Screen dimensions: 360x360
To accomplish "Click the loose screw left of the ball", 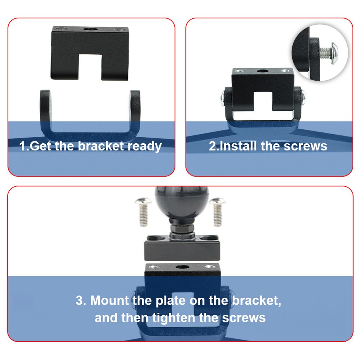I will tap(143, 212).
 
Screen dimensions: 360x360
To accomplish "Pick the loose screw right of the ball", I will tap(217, 212).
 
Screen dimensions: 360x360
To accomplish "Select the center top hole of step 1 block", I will tap(90, 29).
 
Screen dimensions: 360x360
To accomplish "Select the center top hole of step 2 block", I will tap(263, 71).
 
